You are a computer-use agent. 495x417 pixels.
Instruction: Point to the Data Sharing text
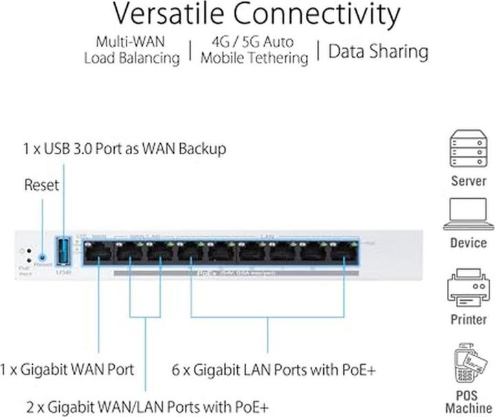pyautogui.click(x=378, y=51)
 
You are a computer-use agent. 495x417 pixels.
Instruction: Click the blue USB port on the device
pyautogui.click(x=63, y=251)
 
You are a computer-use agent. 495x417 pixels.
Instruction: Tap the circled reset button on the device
pyautogui.click(x=42, y=255)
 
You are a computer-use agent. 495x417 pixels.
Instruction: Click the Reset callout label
pyautogui.click(x=41, y=184)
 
